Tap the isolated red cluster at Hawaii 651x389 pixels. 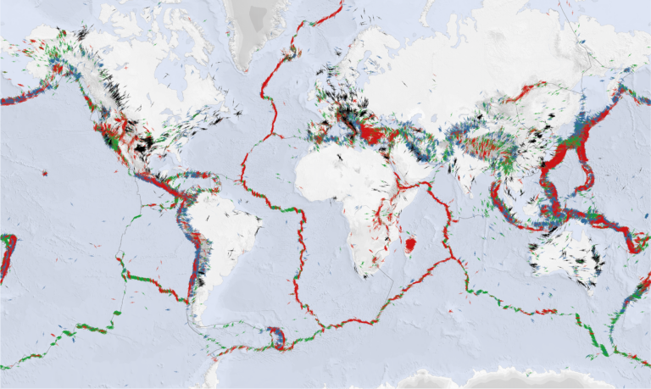(x=44, y=173)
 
